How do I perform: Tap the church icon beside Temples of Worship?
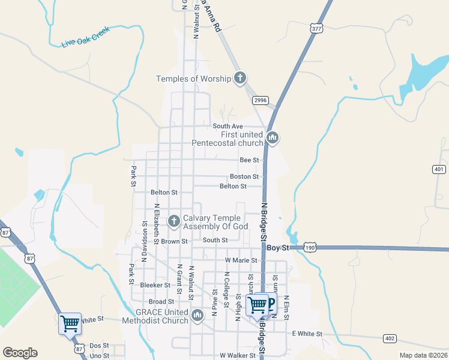point(240,78)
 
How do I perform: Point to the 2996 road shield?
point(260,100)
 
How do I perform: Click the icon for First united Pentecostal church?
point(273,139)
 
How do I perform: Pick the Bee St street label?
point(249,160)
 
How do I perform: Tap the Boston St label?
point(244,177)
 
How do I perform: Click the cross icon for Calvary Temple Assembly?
point(174,221)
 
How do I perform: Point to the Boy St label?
point(278,248)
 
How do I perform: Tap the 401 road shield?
point(439,170)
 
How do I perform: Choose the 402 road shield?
point(390,339)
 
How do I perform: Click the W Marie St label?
point(241,260)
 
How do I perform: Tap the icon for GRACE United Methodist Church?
point(198,314)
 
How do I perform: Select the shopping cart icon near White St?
point(70,323)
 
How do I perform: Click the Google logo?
point(20,353)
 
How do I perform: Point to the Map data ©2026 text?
point(423,355)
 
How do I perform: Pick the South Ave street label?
point(228,126)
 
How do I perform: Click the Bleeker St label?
point(154,285)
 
